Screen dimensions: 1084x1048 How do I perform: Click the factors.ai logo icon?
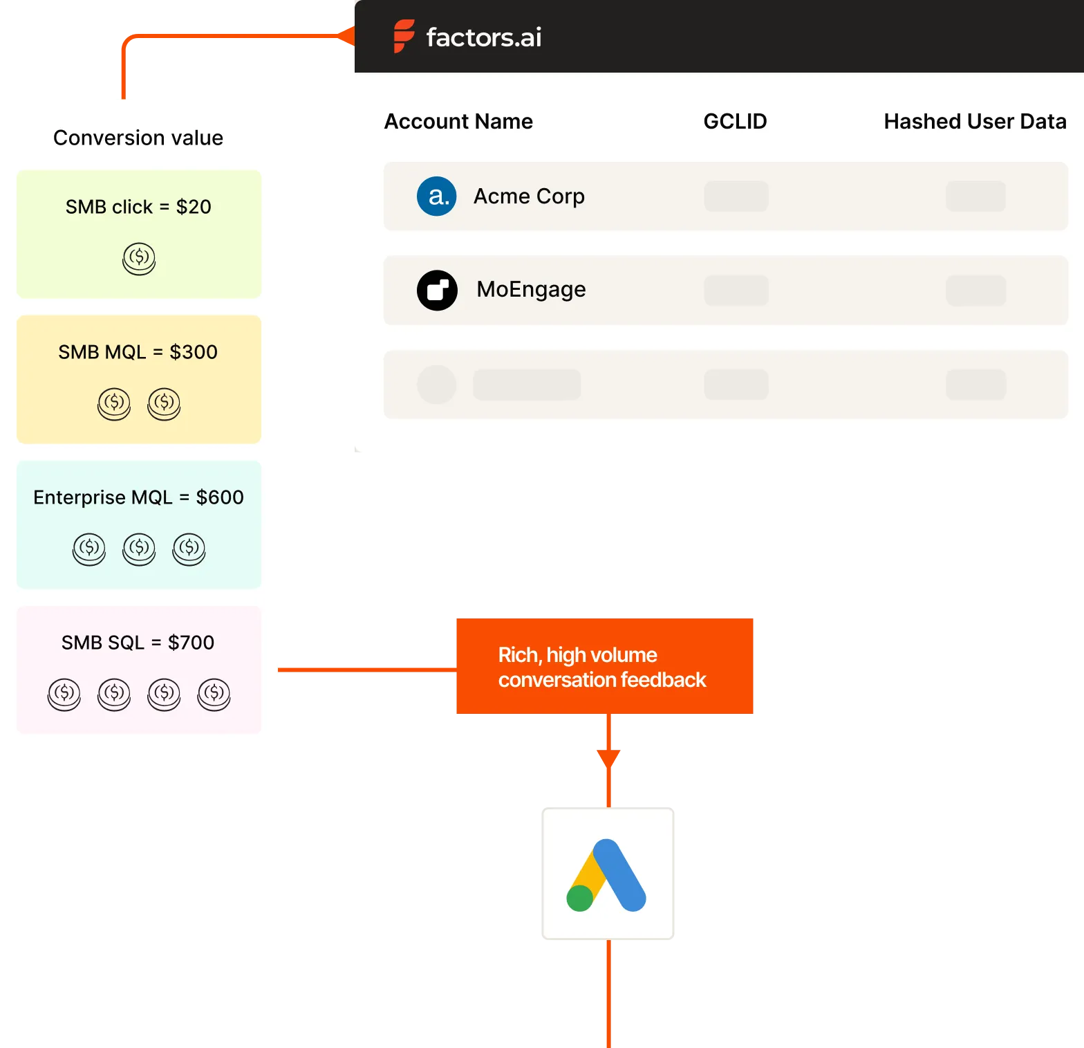[x=404, y=36]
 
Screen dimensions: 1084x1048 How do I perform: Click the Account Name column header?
[x=458, y=122]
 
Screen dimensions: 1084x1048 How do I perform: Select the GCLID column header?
[x=735, y=122]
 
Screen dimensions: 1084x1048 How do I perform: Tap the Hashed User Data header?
[x=975, y=122]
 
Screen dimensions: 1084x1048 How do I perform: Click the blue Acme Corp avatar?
[x=437, y=196]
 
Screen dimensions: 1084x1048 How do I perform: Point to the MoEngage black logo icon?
[x=437, y=290]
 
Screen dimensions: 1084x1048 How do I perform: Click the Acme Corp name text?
[x=529, y=196]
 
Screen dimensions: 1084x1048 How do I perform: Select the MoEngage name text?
[x=531, y=289]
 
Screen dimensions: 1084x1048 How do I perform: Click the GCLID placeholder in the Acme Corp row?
[x=736, y=196]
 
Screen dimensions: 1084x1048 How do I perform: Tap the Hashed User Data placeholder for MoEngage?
[x=975, y=291]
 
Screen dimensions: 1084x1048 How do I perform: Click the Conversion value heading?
[x=138, y=138]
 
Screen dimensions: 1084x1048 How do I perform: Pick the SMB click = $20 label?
[x=138, y=207]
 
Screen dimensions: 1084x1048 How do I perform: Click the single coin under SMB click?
[x=139, y=259]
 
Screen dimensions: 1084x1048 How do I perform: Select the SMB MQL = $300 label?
[x=138, y=352]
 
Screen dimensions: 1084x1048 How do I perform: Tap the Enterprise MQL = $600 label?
[x=138, y=497]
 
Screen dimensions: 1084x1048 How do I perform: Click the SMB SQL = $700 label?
[x=138, y=643]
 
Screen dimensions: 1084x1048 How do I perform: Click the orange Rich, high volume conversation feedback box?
[x=605, y=666]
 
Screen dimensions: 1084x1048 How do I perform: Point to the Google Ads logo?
[x=606, y=875]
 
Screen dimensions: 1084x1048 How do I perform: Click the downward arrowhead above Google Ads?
[x=608, y=759]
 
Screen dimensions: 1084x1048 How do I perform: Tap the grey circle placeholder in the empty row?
[x=437, y=385]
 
